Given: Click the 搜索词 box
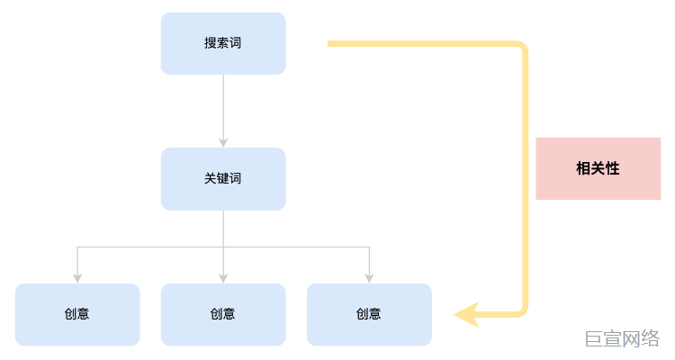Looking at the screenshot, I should point(223,43).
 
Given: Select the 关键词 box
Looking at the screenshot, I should point(223,178).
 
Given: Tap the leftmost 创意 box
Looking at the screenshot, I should point(77,314).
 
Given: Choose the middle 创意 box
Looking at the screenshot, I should point(223,314).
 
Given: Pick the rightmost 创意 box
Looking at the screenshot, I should point(369,314).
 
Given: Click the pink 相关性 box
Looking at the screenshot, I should point(598,168).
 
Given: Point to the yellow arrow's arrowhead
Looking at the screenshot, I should point(464,314).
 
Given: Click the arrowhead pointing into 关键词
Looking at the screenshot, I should point(223,142).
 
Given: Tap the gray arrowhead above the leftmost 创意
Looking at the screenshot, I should point(77,278).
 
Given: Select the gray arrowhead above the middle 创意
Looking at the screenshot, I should point(223,278).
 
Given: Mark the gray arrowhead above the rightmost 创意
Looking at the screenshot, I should point(369,278).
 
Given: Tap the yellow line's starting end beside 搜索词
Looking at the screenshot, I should point(330,43).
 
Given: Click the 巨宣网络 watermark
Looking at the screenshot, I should point(622,338).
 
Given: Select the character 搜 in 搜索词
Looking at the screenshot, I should point(211,43).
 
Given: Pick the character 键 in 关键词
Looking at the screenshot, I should point(223,178).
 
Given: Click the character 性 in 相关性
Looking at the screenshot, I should point(612,168).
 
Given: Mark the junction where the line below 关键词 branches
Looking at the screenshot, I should point(223,247).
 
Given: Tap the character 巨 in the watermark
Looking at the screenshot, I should point(593,338).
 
